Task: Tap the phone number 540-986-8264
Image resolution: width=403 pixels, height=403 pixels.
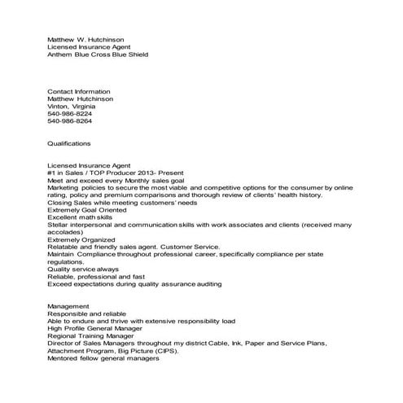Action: (71, 121)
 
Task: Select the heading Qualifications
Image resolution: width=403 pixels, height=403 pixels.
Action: (69, 143)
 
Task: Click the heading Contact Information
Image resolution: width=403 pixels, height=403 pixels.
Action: (79, 91)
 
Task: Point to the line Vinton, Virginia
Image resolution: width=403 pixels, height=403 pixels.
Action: (70, 107)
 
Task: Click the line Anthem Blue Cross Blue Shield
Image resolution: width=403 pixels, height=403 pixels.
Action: (99, 55)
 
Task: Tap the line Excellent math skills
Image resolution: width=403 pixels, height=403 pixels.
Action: (81, 218)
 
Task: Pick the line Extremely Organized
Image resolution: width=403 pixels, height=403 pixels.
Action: (81, 239)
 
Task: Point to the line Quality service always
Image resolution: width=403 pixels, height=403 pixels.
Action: (83, 269)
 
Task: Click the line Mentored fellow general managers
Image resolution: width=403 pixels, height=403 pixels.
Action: (103, 359)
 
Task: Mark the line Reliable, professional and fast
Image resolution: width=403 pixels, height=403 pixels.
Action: (94, 277)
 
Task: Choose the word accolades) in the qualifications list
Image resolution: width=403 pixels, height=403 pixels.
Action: (64, 232)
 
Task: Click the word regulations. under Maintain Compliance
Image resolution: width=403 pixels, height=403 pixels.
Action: (66, 262)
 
